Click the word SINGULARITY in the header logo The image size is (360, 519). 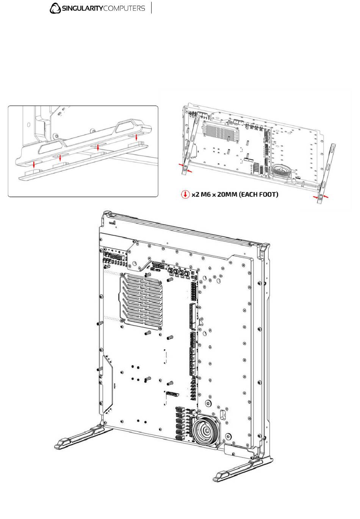click(x=82, y=9)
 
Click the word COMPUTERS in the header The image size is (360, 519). click(x=124, y=9)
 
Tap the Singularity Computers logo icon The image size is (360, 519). click(x=55, y=8)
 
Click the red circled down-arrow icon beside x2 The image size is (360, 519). click(x=185, y=194)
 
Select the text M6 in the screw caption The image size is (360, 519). click(x=206, y=194)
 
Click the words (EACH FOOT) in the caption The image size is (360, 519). click(x=259, y=194)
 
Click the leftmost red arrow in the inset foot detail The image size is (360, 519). click(x=34, y=165)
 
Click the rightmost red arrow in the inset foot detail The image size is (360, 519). click(x=136, y=137)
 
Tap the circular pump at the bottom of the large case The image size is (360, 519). click(x=206, y=431)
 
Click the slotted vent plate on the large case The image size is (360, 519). click(x=141, y=301)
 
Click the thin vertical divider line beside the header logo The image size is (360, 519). click(x=152, y=8)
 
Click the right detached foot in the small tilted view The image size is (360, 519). click(x=326, y=174)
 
